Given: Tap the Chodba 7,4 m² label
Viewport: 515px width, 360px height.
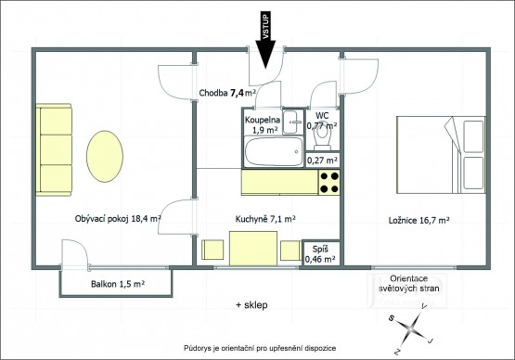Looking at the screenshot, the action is tap(227, 93).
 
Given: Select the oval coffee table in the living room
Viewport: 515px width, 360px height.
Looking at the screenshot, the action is tap(105, 157).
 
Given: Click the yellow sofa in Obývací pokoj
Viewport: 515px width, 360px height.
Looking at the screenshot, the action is tap(54, 149).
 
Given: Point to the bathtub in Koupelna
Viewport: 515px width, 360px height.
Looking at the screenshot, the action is tap(274, 151).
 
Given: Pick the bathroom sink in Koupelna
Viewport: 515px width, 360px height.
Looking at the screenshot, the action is tap(293, 122).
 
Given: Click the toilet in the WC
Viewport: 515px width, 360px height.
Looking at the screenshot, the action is tap(322, 137).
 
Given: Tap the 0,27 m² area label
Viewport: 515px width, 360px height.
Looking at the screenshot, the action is tap(322, 161).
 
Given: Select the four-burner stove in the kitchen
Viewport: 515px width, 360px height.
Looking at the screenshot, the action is tap(329, 183).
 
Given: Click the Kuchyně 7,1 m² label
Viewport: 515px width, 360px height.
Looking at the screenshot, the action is tap(265, 219).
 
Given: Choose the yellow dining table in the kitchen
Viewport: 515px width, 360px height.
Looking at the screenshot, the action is tap(253, 249).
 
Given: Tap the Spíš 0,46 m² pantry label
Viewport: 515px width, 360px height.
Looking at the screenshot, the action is tap(320, 254).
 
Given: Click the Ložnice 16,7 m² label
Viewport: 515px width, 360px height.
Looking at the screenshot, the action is tap(419, 220).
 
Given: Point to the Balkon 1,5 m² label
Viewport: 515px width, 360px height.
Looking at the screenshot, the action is tap(118, 284).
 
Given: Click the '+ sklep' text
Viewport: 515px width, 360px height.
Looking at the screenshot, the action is tap(251, 305).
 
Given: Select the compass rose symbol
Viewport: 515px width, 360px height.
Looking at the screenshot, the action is tap(412, 328).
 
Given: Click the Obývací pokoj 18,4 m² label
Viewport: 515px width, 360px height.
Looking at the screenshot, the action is tap(118, 219).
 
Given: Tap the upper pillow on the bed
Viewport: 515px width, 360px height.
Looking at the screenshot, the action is tap(473, 136).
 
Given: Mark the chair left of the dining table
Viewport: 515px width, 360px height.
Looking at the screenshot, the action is tap(212, 250).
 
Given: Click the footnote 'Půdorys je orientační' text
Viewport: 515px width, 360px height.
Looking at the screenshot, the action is tap(260, 348).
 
